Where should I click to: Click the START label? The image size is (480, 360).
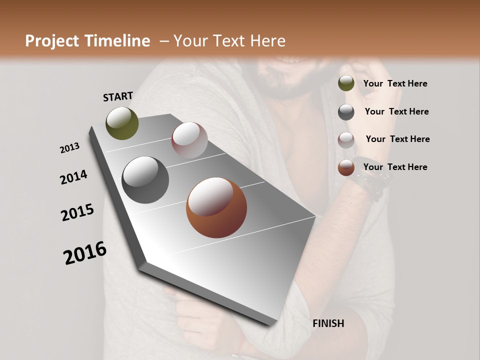click(x=118, y=96)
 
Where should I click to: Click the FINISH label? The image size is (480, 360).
click(x=328, y=323)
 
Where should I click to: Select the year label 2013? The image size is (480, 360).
click(x=69, y=148)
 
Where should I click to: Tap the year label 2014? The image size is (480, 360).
click(x=73, y=177)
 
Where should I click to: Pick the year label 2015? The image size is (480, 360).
click(x=77, y=212)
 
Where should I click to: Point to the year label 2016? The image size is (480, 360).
click(x=85, y=253)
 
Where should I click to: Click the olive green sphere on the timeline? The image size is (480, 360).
click(x=122, y=123)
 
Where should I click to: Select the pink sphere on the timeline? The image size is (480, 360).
click(x=189, y=140)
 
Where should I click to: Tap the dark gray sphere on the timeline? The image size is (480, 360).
click(x=145, y=180)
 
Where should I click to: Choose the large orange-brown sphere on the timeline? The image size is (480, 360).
click(x=216, y=207)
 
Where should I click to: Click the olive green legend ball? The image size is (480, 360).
click(x=346, y=83)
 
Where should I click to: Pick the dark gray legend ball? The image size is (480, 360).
click(x=346, y=111)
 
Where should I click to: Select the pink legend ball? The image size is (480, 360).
click(x=346, y=139)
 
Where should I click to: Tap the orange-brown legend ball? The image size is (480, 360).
click(x=346, y=167)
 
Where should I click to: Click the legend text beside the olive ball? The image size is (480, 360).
click(x=395, y=83)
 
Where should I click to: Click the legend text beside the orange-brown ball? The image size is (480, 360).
click(x=395, y=167)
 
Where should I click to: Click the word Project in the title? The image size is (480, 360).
click(x=53, y=41)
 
